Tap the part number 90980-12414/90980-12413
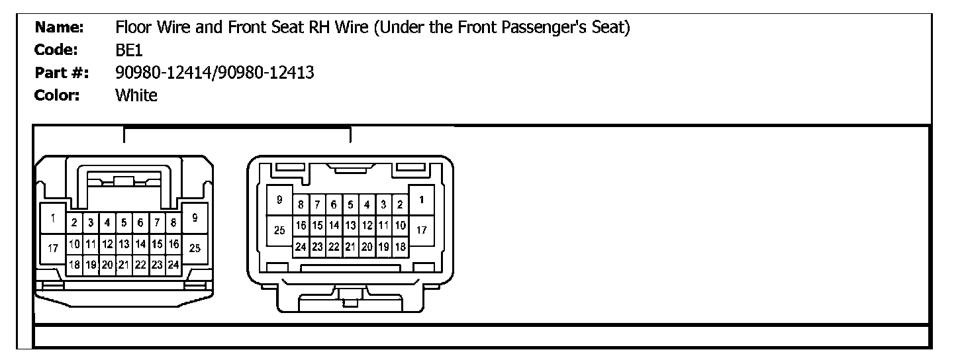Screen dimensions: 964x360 coord(215,73)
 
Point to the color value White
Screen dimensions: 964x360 coord(136,95)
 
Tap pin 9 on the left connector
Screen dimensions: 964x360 coord(194,217)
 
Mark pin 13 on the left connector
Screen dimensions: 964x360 coord(123,244)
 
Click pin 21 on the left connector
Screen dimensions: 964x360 coord(123,265)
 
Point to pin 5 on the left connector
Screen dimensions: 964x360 coord(123,223)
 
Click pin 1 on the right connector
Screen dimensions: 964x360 coord(422,200)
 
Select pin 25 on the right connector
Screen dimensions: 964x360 coord(279,230)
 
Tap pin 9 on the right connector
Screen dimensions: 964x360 coord(279,200)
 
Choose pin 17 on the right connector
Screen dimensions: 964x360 coord(422,230)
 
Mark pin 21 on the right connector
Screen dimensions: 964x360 coord(350,247)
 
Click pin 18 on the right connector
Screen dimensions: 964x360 coord(400,247)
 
